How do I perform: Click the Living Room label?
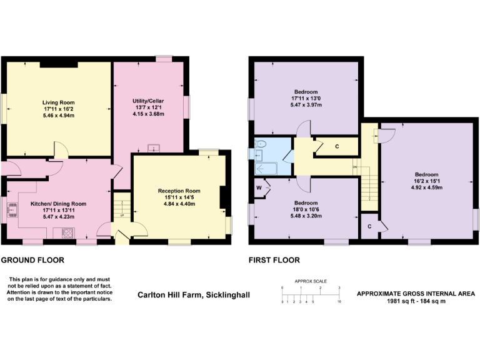pos(58,102)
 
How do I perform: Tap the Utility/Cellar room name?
pos(149,101)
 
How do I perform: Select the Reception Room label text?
pos(179,191)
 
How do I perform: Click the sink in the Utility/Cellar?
pos(153,148)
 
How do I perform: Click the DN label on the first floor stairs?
pos(354,167)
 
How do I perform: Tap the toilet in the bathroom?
pos(261,144)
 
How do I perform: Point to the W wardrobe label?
pos(258,187)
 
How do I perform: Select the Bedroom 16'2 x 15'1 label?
pos(426,174)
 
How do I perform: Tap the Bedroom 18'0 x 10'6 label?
pos(306,203)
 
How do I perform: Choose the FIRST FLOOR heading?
pos(274,260)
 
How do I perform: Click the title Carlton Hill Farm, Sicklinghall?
pos(193,294)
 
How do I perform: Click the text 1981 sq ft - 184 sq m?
pos(416,302)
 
